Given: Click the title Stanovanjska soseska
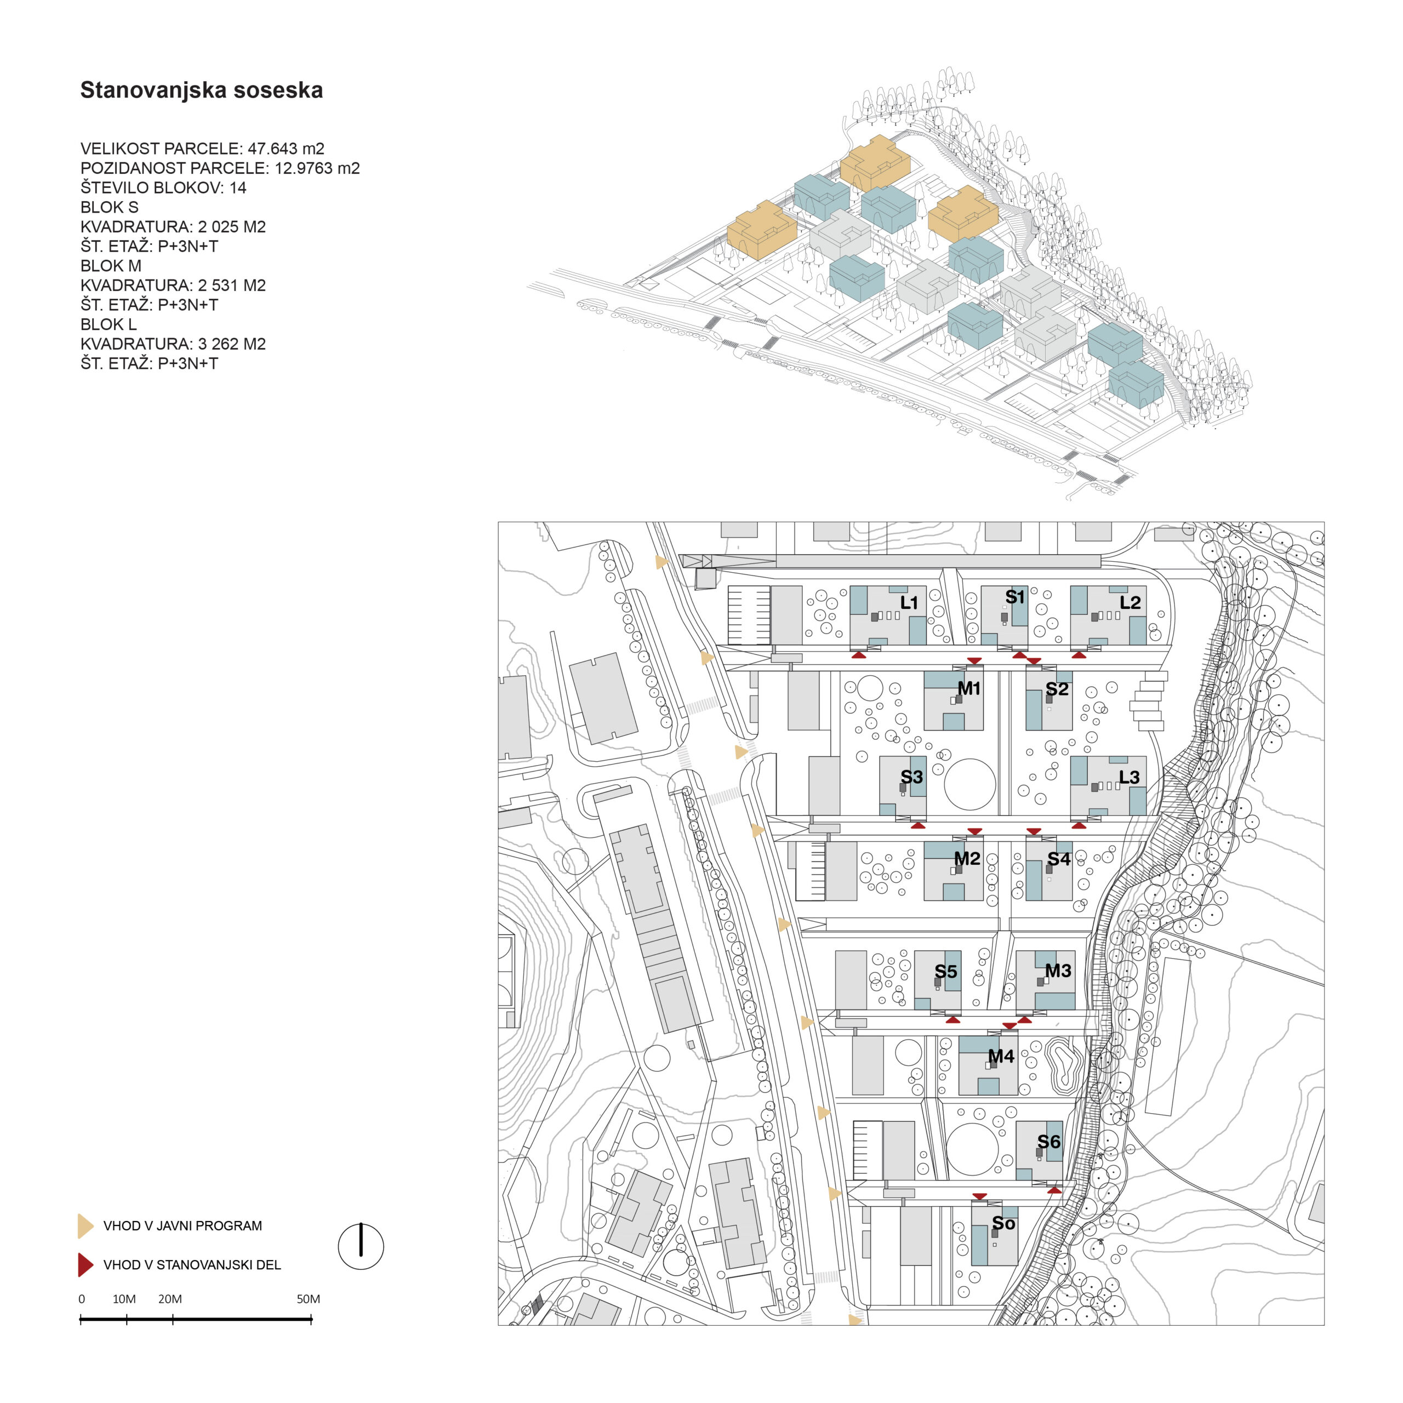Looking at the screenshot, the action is (201, 90).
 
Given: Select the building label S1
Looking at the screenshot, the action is (1014, 597).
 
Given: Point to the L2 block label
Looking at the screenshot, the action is (1130, 602).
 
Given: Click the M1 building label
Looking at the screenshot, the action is (969, 688).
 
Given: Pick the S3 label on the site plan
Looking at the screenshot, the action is (911, 777).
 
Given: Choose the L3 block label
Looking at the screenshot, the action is (1129, 777).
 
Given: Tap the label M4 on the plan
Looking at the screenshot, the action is (1001, 1057).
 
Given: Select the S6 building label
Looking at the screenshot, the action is (1048, 1142).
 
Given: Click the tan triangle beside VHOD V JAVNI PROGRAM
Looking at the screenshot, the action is (85, 1226).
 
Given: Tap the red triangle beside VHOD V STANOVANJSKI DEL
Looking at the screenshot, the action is (85, 1264).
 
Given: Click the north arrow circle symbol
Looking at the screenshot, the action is (361, 1247).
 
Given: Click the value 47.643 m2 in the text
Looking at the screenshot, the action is (286, 149).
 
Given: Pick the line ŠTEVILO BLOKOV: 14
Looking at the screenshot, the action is (163, 188).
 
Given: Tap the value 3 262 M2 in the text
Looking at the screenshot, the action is (232, 344).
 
